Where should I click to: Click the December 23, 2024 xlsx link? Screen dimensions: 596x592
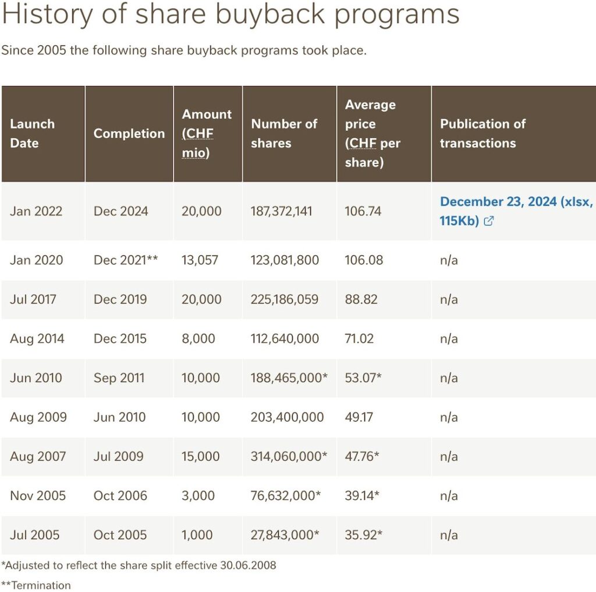click(x=516, y=211)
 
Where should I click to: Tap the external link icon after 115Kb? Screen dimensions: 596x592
click(x=489, y=220)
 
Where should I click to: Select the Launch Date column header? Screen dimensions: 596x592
click(x=33, y=133)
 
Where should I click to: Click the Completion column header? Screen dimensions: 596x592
click(x=129, y=133)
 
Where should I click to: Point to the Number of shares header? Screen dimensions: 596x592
click(x=284, y=133)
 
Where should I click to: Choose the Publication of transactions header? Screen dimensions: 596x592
click(x=483, y=133)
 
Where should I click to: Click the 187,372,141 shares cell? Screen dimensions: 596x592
click(x=281, y=211)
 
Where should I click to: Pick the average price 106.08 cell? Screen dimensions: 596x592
click(x=364, y=260)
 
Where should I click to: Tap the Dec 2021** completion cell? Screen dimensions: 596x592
click(x=126, y=260)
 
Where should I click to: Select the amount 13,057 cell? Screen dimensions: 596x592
click(x=200, y=260)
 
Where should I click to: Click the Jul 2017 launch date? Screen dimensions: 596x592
click(x=33, y=299)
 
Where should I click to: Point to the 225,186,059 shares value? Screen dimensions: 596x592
click(x=284, y=299)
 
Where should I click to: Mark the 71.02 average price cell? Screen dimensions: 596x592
click(x=359, y=338)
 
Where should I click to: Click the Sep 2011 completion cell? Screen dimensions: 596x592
click(x=119, y=378)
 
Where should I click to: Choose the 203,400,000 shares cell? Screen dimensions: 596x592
click(x=287, y=417)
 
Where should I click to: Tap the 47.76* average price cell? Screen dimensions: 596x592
click(x=362, y=456)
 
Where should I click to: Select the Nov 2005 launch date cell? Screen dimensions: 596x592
click(x=38, y=495)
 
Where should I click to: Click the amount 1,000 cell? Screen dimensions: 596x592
click(x=197, y=534)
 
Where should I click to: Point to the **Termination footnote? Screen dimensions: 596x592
click(x=36, y=585)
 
